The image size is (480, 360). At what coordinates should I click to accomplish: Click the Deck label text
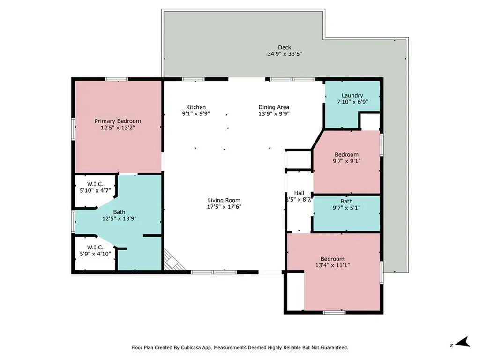click(285, 47)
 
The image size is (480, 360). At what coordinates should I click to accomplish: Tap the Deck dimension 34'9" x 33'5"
click(285, 54)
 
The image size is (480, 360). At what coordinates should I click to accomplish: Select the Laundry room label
click(352, 96)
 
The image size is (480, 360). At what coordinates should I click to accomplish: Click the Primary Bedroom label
click(118, 121)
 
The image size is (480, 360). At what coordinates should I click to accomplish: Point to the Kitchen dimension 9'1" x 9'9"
click(196, 113)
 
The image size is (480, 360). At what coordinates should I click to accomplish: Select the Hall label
click(299, 193)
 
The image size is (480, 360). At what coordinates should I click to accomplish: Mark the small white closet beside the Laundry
click(369, 121)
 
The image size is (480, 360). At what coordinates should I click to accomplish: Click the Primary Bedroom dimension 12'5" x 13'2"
click(118, 127)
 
